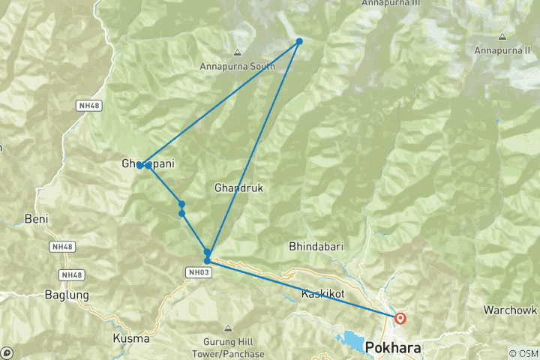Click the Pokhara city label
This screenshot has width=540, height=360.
[393, 349]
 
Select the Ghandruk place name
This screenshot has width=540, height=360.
[238, 187]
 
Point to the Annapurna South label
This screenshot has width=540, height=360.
[237, 66]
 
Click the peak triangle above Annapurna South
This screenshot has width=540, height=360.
[237, 52]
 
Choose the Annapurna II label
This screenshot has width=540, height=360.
[502, 50]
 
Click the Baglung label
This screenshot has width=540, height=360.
[66, 295]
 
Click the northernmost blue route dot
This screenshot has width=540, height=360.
[298, 41]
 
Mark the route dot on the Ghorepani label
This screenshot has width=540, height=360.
[140, 165]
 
